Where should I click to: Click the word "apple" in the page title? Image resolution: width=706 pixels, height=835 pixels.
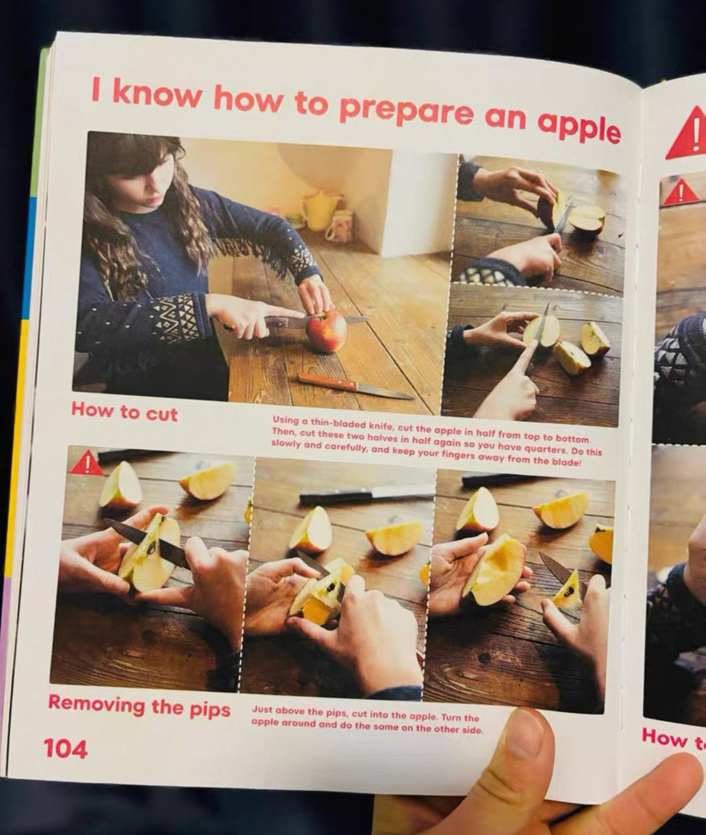(x=578, y=128)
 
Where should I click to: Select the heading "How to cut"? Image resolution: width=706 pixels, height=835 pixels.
(x=124, y=412)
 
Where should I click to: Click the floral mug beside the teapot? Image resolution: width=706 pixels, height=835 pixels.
(x=338, y=228)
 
